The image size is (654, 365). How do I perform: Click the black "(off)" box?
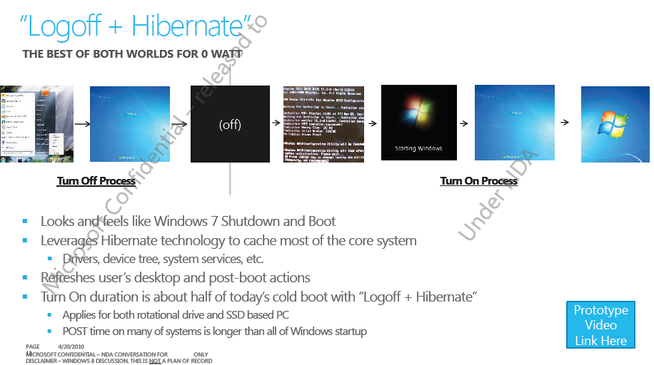pyautogui.click(x=230, y=124)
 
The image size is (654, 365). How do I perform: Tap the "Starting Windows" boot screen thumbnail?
pyautogui.click(x=418, y=123)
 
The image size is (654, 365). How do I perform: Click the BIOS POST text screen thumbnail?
pyautogui.click(x=323, y=124)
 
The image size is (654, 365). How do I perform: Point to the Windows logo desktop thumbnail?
pyautogui.click(x=615, y=124)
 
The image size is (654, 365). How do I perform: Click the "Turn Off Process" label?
pyautogui.click(x=96, y=181)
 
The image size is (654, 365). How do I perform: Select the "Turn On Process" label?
pyautogui.click(x=478, y=181)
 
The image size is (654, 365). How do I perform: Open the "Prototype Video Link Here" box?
pyautogui.click(x=601, y=325)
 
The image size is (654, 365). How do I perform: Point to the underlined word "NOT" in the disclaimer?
pyautogui.click(x=153, y=361)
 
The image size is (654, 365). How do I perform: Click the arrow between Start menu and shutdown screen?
pyautogui.click(x=81, y=124)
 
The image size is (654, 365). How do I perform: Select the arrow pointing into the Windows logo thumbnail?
pyautogui.click(x=565, y=123)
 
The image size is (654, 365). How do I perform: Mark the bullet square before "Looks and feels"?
pyautogui.click(x=26, y=222)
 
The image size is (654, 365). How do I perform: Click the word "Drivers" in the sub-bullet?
pyautogui.click(x=81, y=259)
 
